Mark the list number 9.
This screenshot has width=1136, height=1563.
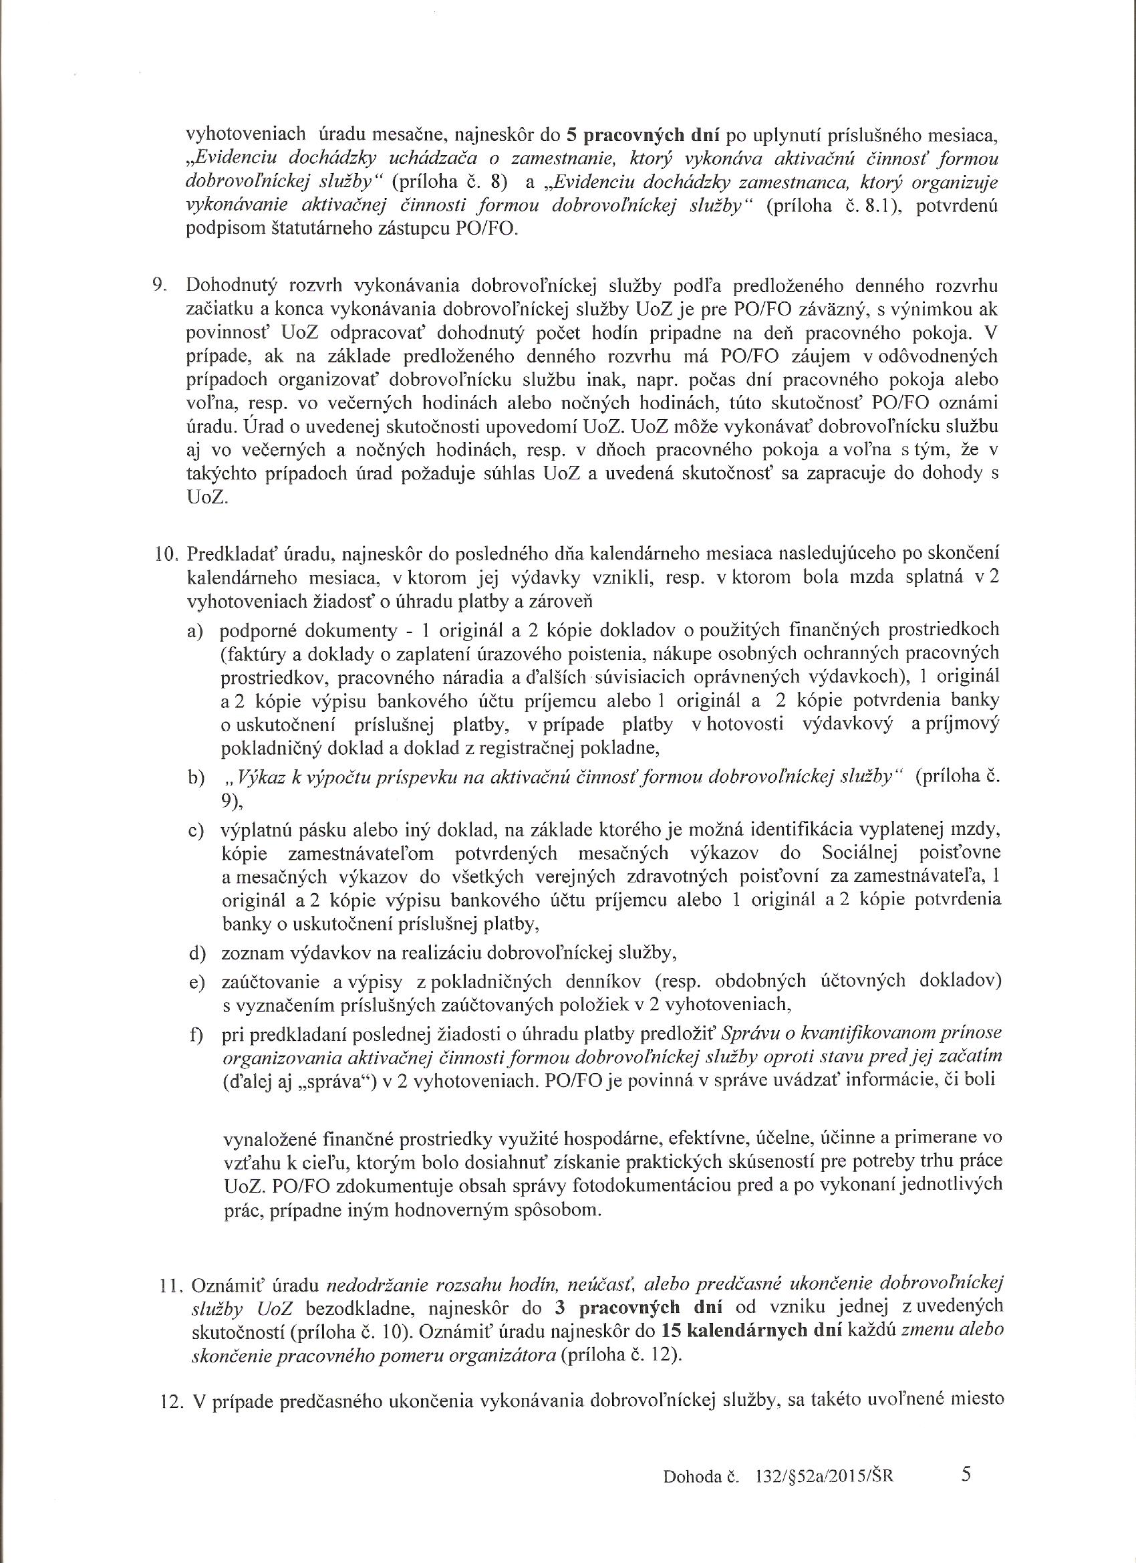[159, 285]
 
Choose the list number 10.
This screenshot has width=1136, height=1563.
[165, 554]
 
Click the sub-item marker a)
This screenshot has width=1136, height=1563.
[196, 631]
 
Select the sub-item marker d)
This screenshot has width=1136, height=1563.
[196, 953]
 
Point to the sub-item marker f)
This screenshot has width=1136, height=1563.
[196, 1035]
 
